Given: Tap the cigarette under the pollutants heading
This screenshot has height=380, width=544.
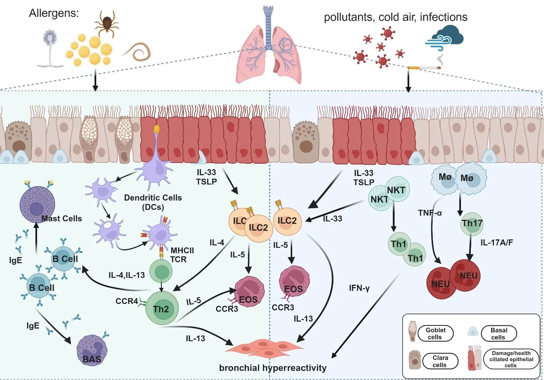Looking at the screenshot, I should pyautogui.click(x=423, y=68).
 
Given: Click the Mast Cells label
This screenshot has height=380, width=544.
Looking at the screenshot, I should pyautogui.click(x=62, y=219).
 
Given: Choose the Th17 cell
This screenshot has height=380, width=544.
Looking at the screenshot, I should pyautogui.click(x=472, y=224).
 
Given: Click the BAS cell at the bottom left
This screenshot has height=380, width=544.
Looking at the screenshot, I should pyautogui.click(x=92, y=350).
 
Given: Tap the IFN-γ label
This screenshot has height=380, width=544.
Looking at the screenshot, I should pyautogui.click(x=359, y=288).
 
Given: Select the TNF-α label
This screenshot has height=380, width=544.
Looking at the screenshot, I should pyautogui.click(x=430, y=213).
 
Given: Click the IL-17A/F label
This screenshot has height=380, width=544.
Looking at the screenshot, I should pyautogui.click(x=496, y=242).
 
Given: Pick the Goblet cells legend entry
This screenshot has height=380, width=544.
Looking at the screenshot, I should pyautogui.click(x=435, y=334).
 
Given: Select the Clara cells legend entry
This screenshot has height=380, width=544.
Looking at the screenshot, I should pyautogui.click(x=440, y=361).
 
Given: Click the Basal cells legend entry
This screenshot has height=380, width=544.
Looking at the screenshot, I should pyautogui.click(x=499, y=334).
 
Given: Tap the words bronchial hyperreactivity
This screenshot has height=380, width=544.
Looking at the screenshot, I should pyautogui.click(x=273, y=368).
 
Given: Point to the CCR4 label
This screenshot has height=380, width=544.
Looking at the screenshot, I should pyautogui.click(x=127, y=301).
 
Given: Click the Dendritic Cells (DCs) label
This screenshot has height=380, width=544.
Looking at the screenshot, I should pyautogui.click(x=153, y=202).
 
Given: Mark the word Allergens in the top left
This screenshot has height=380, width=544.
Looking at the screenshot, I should pyautogui.click(x=54, y=13).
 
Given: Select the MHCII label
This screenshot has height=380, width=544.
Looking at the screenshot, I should pyautogui.click(x=182, y=251).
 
